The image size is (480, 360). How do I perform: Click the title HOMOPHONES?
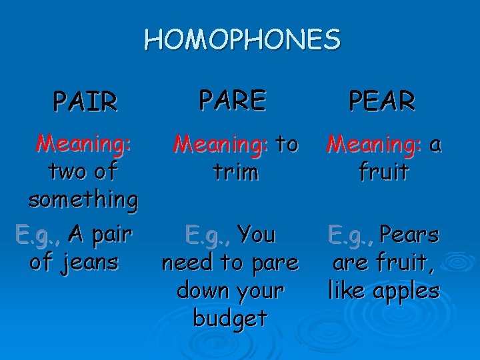coord(242,40)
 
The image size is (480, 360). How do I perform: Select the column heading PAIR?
coord(86,103)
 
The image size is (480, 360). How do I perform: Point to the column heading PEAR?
coord(383,101)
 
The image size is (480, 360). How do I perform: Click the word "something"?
coord(83,199)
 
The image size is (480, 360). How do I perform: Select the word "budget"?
coord(230,319)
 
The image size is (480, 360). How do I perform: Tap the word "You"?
coord(257,235)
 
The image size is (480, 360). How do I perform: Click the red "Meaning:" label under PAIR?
coord(85,143)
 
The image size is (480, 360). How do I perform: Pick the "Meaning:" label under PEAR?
coord(373,143)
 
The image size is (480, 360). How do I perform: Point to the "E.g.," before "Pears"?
coord(351,235)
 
